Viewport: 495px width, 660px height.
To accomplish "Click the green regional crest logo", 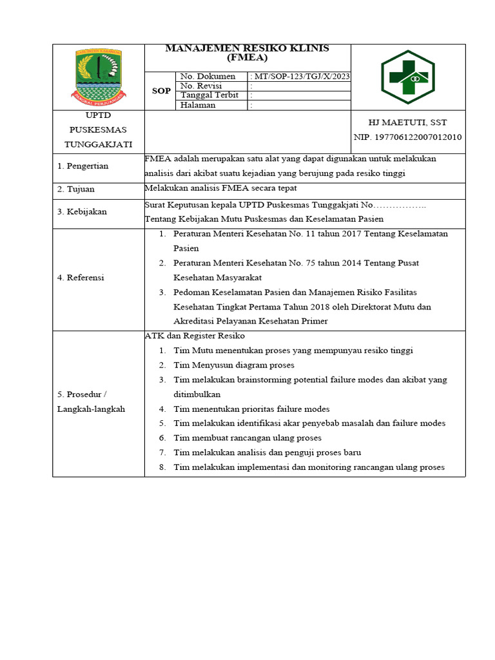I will click(98, 77).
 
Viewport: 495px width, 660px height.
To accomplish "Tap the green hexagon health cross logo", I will click(407, 77).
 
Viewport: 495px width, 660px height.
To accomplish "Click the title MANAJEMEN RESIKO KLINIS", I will click(247, 49).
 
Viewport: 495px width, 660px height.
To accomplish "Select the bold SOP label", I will click(161, 91).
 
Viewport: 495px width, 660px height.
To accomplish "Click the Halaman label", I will click(198, 105).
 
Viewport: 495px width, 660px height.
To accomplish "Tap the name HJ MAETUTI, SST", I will click(407, 122).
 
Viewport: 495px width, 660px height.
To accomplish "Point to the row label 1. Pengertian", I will click(83, 166).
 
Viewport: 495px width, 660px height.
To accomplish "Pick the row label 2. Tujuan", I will click(76, 189).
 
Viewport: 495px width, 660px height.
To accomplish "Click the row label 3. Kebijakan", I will click(82, 211).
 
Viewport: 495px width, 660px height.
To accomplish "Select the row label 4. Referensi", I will click(81, 278).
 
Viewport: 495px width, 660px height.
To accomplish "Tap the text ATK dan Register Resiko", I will click(195, 336).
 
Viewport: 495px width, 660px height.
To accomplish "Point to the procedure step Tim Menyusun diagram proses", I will click(234, 365).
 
